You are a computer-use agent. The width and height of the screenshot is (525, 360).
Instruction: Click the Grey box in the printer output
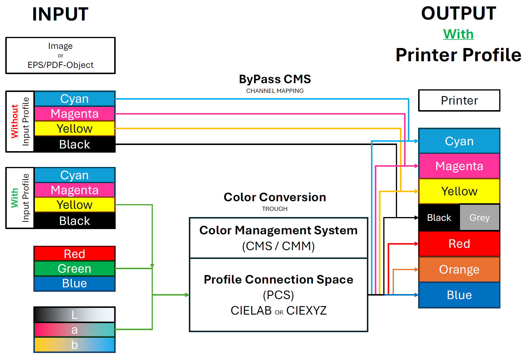point(479,218)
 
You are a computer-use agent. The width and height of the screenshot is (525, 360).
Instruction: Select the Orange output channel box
point(459,269)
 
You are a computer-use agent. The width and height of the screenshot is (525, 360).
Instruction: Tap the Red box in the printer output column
point(459,244)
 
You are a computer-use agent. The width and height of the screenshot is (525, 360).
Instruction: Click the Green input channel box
point(74,269)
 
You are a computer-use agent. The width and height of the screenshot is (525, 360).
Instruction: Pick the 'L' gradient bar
point(74,315)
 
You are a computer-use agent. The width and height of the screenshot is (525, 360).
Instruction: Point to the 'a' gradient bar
point(74,330)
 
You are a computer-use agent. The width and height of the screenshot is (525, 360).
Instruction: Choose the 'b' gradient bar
point(74,345)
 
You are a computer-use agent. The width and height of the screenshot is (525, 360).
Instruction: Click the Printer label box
point(459,100)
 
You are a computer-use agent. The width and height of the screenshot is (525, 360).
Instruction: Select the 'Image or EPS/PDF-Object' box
point(60,55)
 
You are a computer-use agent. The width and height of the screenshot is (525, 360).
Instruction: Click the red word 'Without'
point(14,121)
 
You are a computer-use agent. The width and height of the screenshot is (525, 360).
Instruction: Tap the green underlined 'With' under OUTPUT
point(458,34)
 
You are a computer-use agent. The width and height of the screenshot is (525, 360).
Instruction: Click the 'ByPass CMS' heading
point(275,79)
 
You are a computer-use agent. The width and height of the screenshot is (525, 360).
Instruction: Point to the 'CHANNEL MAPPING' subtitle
point(275,91)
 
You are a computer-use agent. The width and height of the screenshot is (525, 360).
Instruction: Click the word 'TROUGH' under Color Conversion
point(275,209)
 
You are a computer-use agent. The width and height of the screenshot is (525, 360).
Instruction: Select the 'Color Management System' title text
point(278,231)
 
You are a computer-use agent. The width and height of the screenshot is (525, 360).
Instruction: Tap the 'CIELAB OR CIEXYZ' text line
point(278,310)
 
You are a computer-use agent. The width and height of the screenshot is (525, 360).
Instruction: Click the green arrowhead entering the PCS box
point(187,295)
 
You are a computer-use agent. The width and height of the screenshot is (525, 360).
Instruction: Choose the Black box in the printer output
point(439,218)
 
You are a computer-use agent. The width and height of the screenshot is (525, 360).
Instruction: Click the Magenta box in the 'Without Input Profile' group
point(74,114)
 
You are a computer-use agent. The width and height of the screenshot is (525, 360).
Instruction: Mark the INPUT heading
point(60,14)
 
